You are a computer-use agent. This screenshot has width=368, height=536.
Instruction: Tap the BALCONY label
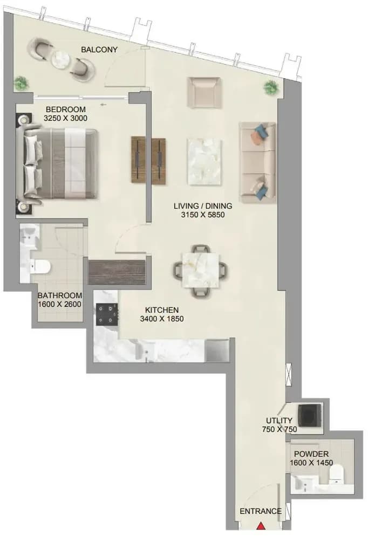99,50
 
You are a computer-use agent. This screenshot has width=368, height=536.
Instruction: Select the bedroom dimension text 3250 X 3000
66,118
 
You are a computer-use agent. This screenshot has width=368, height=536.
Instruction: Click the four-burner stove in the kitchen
107,314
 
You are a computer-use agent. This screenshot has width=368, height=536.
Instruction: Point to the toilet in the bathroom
40,266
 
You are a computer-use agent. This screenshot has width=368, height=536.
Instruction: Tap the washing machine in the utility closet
310,415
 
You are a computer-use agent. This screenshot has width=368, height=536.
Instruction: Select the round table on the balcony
61,59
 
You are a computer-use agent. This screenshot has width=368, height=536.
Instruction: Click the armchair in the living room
204,92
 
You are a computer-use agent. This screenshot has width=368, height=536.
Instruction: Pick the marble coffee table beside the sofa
205,162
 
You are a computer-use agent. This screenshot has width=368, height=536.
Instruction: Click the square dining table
201,270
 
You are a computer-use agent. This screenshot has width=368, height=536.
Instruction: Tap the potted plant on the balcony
21,83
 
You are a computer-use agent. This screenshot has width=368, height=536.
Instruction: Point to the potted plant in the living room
271,87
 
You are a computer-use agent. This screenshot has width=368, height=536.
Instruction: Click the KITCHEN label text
162,310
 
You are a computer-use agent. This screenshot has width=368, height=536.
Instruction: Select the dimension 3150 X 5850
203,215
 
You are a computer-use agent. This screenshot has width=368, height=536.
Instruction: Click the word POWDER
311,454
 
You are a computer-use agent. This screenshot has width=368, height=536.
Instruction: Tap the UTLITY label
279,421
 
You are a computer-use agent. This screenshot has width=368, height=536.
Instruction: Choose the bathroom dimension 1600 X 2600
59,304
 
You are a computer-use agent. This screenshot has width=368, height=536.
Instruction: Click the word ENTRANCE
261,511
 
